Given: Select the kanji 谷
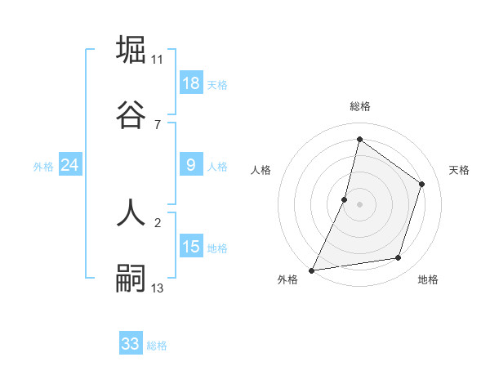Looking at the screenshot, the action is [x=131, y=114].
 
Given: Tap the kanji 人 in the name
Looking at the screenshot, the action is [x=131, y=212].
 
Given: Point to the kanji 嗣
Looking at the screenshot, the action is [x=131, y=278].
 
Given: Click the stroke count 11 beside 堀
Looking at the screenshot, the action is [x=158, y=59].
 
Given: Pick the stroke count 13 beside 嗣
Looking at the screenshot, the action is [x=158, y=288].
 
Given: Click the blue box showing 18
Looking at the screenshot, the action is [x=191, y=83].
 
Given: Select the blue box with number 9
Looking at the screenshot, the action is [x=191, y=165].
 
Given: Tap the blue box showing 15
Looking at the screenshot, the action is [x=191, y=247].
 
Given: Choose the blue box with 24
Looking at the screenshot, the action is [x=70, y=165].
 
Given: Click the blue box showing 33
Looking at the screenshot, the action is [x=131, y=344].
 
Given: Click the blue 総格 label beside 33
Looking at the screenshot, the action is [x=157, y=346].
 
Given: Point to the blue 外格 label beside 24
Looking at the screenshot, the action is [x=43, y=167].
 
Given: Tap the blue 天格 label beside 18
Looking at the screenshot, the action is [x=217, y=85].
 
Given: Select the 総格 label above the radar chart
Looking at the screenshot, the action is [x=360, y=106].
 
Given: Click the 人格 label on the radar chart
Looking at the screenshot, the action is [x=261, y=170].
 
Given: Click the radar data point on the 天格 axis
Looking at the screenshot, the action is [x=422, y=184].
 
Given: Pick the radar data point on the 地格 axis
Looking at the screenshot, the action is [x=399, y=258].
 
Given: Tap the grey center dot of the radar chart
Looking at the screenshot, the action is [x=360, y=204].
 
